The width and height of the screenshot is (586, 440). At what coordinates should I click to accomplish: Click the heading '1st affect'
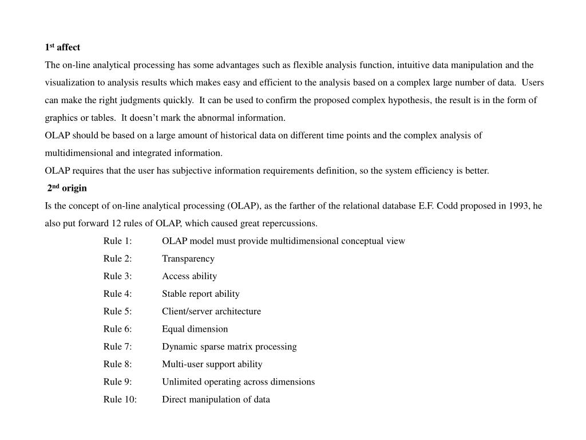tap(62, 47)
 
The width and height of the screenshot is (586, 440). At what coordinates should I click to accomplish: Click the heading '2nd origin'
tap(67, 188)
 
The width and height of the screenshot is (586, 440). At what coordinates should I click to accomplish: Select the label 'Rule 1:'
tap(117, 241)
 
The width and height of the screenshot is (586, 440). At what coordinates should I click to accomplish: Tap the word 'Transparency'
tap(188, 259)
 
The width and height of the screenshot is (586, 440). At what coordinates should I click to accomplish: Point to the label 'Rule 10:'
tap(120, 400)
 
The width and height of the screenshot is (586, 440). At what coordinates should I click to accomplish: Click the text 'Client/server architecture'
tap(211, 312)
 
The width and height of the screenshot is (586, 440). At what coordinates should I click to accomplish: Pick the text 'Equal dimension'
tap(195, 329)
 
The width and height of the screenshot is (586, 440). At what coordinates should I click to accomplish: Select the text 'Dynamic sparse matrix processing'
tap(229, 347)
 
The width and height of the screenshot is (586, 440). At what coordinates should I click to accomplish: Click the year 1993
tap(518, 206)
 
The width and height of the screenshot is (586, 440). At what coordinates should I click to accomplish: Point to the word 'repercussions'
tap(289, 223)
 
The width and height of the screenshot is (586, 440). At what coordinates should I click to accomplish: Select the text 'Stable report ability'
tap(200, 294)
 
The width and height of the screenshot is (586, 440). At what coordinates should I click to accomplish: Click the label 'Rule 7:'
tap(117, 347)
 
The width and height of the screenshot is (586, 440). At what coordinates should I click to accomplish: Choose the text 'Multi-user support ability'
tap(212, 364)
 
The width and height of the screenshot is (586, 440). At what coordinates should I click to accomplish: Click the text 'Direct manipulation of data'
tap(216, 400)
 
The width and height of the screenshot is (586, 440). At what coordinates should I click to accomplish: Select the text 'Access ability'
tap(189, 276)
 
